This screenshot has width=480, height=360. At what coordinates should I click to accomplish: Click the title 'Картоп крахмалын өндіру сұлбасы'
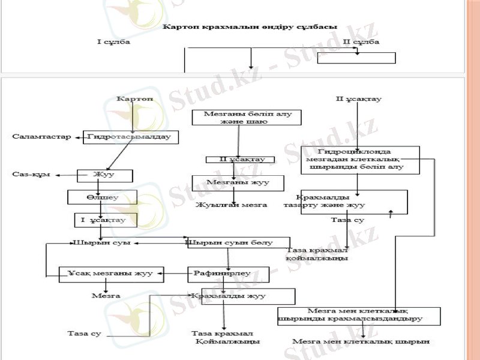pos(250,27)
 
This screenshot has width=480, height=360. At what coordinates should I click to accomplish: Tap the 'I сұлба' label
pos(113,42)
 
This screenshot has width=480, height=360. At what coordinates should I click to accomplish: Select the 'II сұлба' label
pos(361,42)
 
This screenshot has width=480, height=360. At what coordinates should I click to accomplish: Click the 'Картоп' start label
pos(135,98)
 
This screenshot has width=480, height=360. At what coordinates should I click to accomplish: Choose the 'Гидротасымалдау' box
pos(130,137)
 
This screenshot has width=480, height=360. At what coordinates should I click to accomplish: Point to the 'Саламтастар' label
pos(37,137)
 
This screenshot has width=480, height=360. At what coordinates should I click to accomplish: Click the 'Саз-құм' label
pos(30,175)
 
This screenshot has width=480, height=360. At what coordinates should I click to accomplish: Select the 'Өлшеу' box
pos(103,197)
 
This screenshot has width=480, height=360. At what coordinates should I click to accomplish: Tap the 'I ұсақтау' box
pos(106,220)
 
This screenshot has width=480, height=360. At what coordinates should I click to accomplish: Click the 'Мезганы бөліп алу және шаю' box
pos(235,117)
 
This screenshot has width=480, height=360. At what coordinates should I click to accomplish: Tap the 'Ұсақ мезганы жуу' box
pos(106,274)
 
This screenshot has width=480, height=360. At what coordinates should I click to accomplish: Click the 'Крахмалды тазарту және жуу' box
pos(345,202)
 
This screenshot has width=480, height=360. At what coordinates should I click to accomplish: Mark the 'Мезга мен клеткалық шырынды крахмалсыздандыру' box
pos(359,316)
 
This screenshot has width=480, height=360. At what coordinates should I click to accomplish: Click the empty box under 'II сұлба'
pos(356,58)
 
